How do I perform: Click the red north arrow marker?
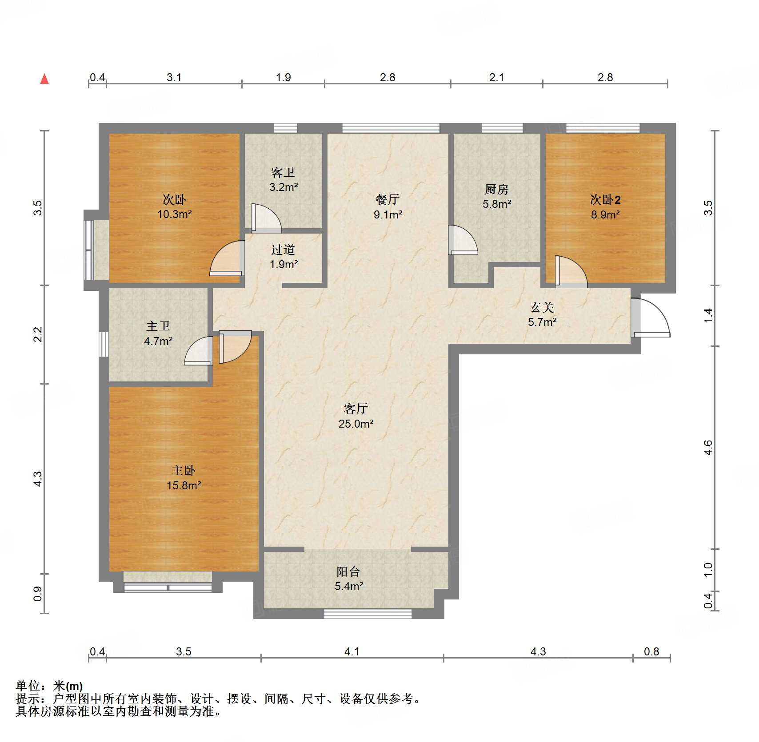point(44,79)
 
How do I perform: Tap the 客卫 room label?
point(283,172)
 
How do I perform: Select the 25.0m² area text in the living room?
point(356,424)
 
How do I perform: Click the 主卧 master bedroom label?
point(184,470)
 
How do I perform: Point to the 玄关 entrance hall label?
point(542,307)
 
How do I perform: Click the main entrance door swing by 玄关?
point(651,317)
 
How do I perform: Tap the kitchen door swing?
point(463,240)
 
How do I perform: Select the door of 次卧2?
point(571,271)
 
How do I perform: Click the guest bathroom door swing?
point(267,218)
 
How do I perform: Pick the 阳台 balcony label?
point(348,571)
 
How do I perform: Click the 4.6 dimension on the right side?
point(708,447)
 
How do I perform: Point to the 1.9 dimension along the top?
point(283,77)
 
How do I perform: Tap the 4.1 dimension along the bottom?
point(352,651)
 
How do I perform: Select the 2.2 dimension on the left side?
point(38,334)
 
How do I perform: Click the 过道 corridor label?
point(283,250)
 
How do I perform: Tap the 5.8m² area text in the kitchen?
point(497,204)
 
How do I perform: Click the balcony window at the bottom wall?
point(368,614)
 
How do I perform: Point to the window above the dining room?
point(391,128)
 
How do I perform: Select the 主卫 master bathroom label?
point(158,326)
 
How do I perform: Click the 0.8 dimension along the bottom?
point(651,651)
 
